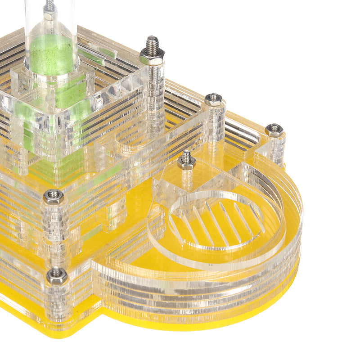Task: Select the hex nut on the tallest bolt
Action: coord(152,57)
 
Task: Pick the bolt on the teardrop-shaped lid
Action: coord(186,161)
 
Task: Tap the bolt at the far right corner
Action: coord(274,130)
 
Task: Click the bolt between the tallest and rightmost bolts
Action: coord(213,99)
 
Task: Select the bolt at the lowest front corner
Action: coord(57,275)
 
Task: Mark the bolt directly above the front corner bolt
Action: coord(54,197)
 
